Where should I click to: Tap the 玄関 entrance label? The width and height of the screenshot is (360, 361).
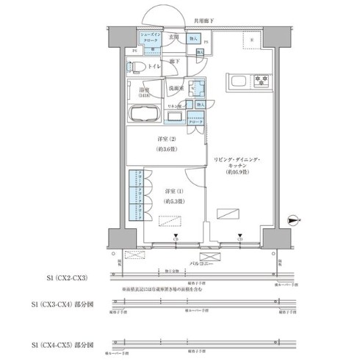[x=175, y=35]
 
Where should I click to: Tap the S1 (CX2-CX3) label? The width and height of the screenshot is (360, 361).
[x=68, y=278]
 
